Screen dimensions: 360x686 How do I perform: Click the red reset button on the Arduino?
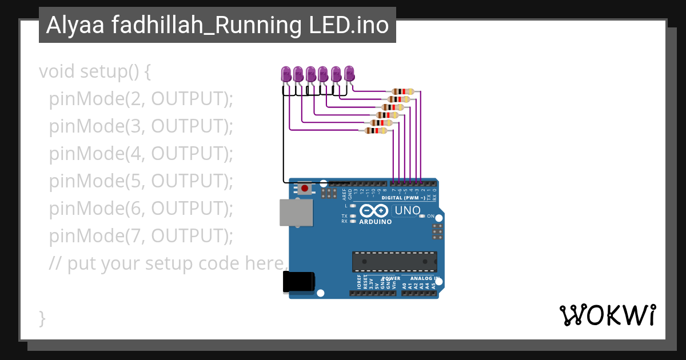(305, 188)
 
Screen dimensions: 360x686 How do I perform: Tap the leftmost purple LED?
(286, 74)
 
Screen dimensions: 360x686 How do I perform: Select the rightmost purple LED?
(349, 73)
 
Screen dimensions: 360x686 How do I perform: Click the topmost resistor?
(403, 91)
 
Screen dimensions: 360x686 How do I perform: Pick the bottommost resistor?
(376, 131)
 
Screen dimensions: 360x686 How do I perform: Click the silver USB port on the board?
(296, 213)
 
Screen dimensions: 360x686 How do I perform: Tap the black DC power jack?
(298, 283)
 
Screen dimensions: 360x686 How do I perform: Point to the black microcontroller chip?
(394, 261)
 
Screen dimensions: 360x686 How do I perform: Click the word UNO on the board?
(408, 210)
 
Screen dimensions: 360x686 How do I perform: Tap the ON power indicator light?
(422, 217)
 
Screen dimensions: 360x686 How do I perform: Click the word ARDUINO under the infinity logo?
(375, 222)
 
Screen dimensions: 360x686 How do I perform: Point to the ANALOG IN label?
(423, 278)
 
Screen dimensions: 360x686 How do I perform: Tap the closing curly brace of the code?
(42, 318)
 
